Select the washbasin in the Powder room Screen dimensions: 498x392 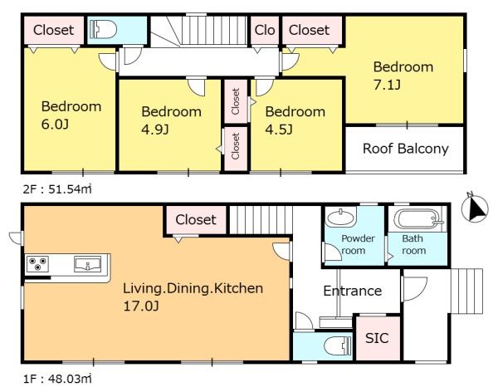tap(341, 218)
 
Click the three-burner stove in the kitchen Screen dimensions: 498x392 tap(37, 264)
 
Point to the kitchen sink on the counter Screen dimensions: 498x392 tap(87, 264)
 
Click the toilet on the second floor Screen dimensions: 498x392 tap(103, 30)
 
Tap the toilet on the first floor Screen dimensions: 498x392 tap(339, 345)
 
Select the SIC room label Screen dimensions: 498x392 tap(377, 338)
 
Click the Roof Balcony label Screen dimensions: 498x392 tap(406, 149)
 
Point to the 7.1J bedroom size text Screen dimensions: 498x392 tap(387, 85)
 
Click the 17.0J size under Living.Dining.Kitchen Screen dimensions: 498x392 tap(141, 306)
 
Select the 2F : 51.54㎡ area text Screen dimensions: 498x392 tap(57, 189)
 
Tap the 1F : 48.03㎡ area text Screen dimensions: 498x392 tap(57, 379)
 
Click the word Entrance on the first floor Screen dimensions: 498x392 tap(353, 291)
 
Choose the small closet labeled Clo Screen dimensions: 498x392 tap(265, 30)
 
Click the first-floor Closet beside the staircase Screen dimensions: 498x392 tap(196, 220)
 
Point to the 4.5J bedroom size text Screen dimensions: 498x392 tap(279, 130)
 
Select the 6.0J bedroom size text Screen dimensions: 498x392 tap(55, 124)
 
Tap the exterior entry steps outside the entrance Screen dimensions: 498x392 tap(466, 291)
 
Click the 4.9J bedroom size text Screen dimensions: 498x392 tap(155, 130)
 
